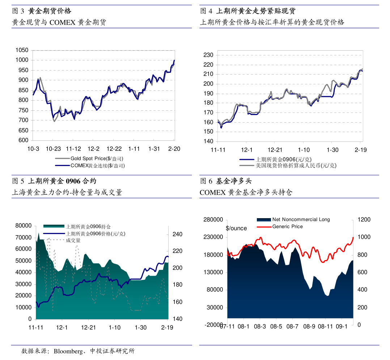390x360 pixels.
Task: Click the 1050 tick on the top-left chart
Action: pyautogui.click(x=22, y=50)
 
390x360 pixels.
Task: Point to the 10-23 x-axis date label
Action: pyautogui.click(x=53, y=149)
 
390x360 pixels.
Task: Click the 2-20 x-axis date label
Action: pyautogui.click(x=174, y=149)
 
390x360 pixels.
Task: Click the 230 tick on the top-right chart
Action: pyautogui.click(x=209, y=55)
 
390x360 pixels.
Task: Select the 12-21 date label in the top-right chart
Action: pyautogui.click(x=275, y=150)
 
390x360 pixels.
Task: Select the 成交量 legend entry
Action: pyautogui.click(x=73, y=240)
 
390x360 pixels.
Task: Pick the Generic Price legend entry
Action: pyautogui.click(x=287, y=226)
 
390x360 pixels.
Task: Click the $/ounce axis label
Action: pyautogui.click(x=236, y=228)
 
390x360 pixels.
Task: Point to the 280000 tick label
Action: pyautogui.click(x=213, y=220)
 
